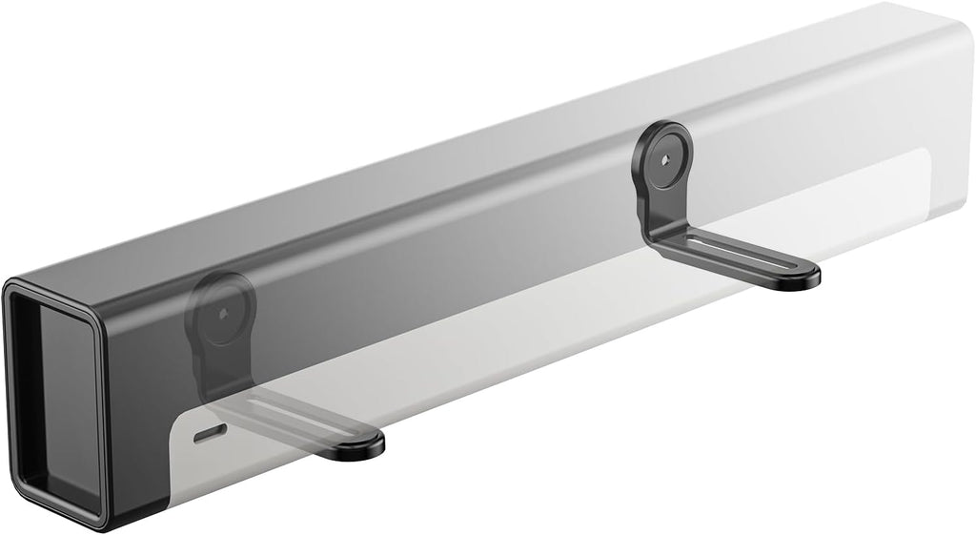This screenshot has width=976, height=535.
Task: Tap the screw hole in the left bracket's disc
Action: pos(222,312)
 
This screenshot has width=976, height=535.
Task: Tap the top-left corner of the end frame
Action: pos(11,287)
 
